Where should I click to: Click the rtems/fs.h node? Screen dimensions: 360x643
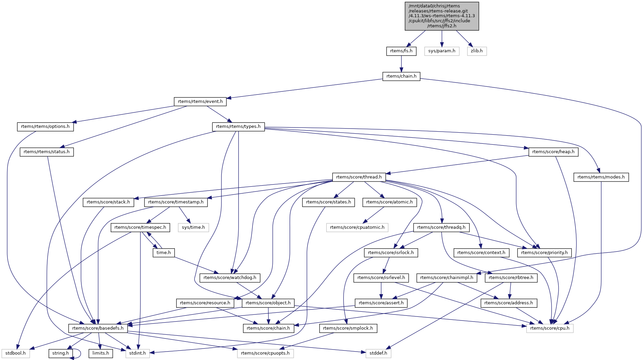pyautogui.click(x=401, y=51)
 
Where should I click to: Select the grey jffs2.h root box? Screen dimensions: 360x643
pyautogui.click(x=441, y=16)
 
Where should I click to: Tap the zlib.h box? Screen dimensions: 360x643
pyautogui.click(x=477, y=51)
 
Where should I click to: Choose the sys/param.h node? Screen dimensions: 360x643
pyautogui.click(x=441, y=51)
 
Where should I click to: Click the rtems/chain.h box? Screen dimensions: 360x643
pyautogui.click(x=401, y=76)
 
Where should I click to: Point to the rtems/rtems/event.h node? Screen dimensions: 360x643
pyautogui.click(x=200, y=102)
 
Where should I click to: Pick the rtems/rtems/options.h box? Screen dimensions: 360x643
pyautogui.click(x=45, y=127)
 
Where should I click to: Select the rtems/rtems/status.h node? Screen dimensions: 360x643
pyautogui.click(x=47, y=152)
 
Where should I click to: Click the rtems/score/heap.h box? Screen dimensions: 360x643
pyautogui.click(x=553, y=152)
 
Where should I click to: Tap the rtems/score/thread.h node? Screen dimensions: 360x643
pyautogui.click(x=359, y=177)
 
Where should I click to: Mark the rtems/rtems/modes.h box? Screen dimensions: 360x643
pyautogui.click(x=601, y=177)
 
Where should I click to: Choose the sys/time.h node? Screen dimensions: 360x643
pyautogui.click(x=193, y=227)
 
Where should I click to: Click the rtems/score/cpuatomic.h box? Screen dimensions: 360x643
pyautogui.click(x=357, y=227)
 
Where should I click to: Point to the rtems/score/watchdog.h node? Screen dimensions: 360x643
pyautogui.click(x=230, y=278)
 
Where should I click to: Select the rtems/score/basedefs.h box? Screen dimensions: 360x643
pyautogui.click(x=98, y=328)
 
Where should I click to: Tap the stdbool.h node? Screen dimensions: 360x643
pyautogui.click(x=16, y=353)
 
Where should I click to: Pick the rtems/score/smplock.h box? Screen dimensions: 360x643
pyautogui.click(x=348, y=328)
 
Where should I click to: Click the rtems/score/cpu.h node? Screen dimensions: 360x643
pyautogui.click(x=550, y=328)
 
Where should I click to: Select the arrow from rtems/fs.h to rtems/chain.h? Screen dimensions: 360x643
pyautogui.click(x=401, y=63)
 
